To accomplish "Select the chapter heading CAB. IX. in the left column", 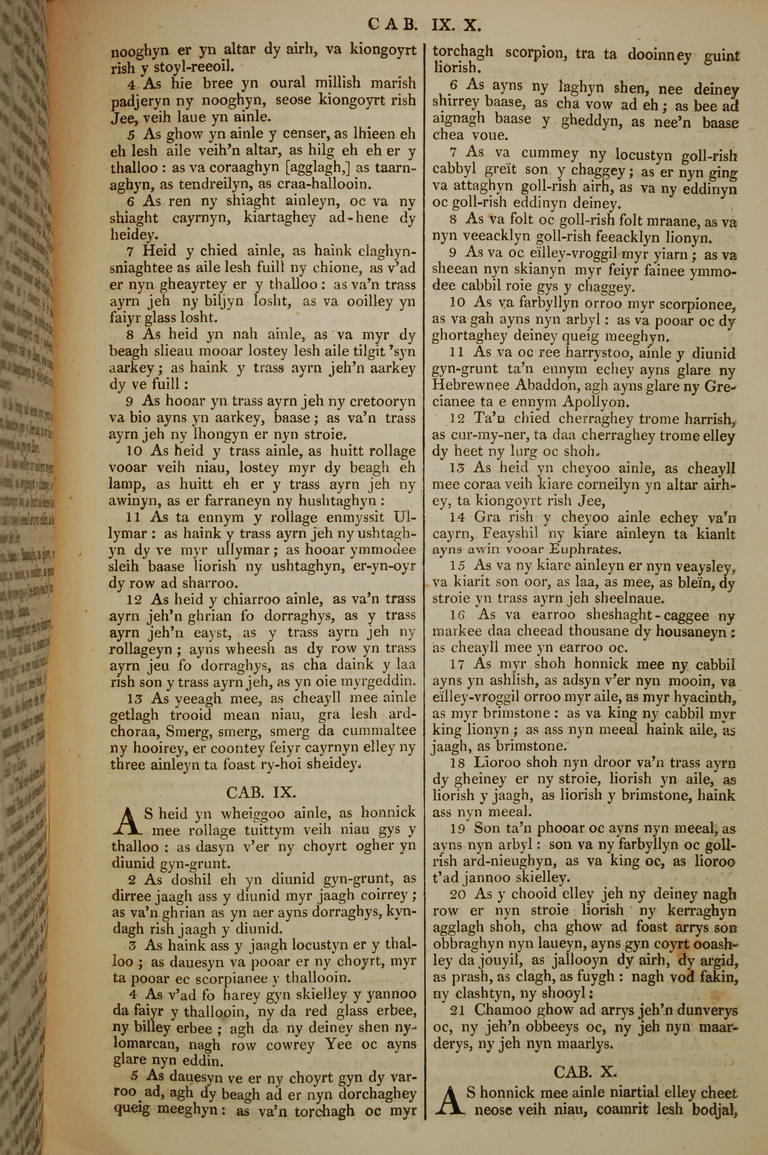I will click(x=261, y=792).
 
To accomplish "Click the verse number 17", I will click(x=458, y=665).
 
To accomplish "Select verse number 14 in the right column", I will click(x=459, y=518).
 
